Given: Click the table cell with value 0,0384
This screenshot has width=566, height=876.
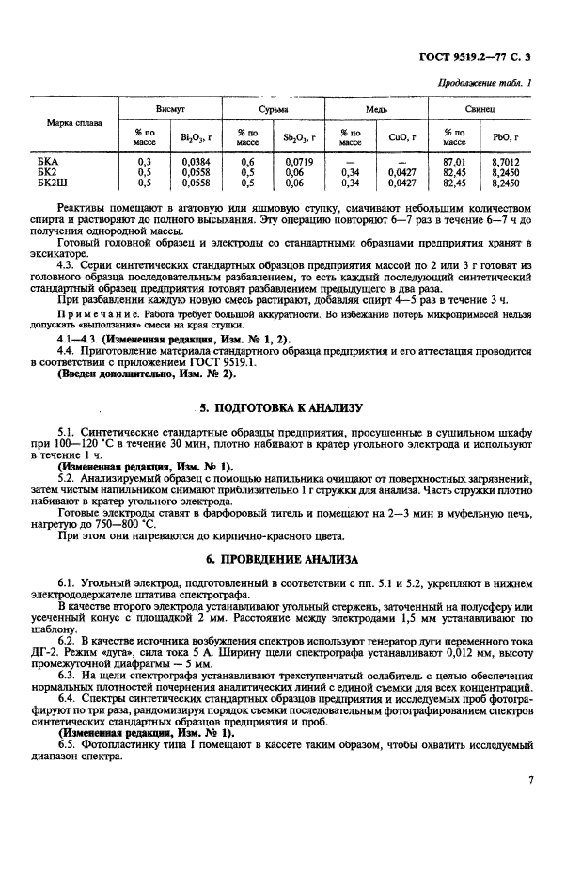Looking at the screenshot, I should (x=197, y=162).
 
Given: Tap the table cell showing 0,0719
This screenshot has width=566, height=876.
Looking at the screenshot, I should (x=300, y=162).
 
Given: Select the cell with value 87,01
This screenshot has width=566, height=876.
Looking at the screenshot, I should (x=454, y=162).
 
